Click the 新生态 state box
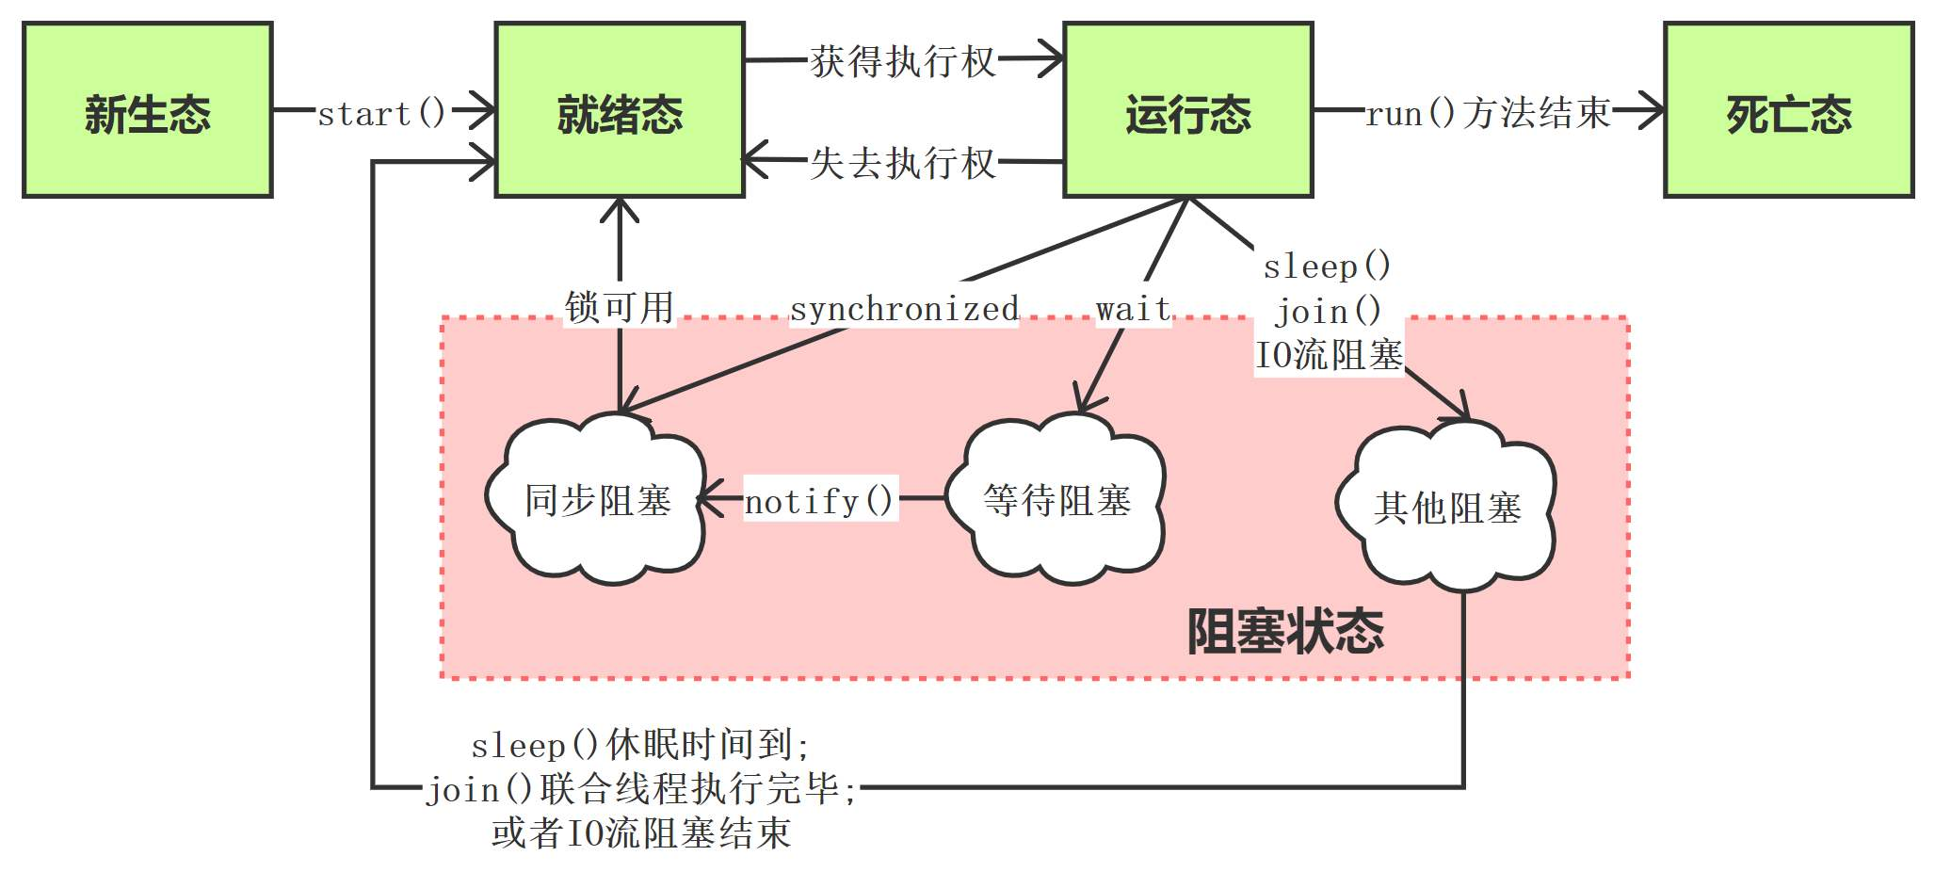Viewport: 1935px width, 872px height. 148,111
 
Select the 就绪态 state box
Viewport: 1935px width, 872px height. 620,111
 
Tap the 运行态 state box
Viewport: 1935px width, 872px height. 1187,111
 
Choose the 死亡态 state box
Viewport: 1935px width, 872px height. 1788,111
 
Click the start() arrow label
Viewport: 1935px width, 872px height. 381,114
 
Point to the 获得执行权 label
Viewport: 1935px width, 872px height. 902,62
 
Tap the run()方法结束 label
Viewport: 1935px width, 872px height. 1488,114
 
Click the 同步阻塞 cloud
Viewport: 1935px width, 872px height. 597,500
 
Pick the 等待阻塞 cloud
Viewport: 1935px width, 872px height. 1056,500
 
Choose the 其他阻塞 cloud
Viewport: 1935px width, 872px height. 1447,508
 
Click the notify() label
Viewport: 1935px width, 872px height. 819,501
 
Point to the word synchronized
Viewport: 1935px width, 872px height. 904,309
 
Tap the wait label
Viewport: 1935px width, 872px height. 1133,309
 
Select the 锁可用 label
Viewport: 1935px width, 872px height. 619,307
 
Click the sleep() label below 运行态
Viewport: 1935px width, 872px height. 1326,266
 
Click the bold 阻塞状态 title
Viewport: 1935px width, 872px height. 1284,631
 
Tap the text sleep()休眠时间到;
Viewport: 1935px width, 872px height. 640,746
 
